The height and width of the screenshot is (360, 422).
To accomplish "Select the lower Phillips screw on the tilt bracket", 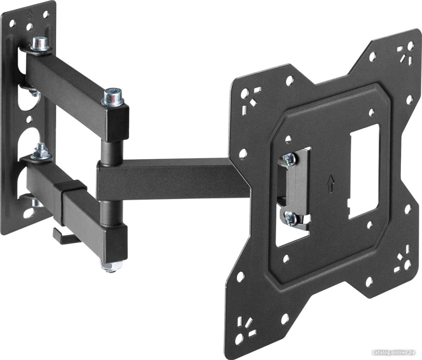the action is [x=290, y=217].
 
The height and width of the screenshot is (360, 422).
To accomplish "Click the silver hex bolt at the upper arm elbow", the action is [x=112, y=97].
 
